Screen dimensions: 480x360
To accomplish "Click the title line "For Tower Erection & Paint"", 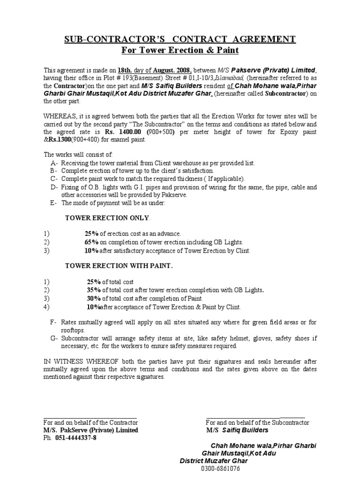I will pyautogui.click(x=180, y=50).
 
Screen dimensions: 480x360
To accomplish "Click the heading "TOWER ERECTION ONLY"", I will pyautogui.click(x=107, y=218).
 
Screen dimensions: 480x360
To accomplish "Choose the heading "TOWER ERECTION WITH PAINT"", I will pyautogui.click(x=118, y=266).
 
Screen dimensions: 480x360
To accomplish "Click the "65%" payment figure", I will pyautogui.click(x=91, y=242).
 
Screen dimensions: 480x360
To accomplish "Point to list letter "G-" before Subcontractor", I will pyautogui.click(x=53, y=338).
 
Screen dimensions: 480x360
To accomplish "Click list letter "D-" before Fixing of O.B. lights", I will pyautogui.click(x=53, y=187).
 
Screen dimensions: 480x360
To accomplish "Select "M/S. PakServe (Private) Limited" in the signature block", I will pyautogui.click(x=91, y=430).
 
